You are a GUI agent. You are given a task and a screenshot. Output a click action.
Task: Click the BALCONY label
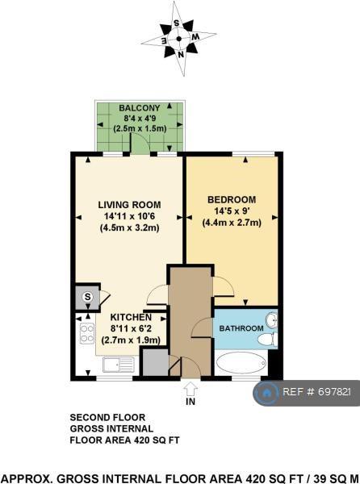coord(140,108)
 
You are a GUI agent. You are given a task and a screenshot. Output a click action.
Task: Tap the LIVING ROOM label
coord(129,205)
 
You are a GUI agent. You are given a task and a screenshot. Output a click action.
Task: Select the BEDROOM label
coord(232,199)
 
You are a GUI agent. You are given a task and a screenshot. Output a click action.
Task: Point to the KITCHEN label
coord(131,317)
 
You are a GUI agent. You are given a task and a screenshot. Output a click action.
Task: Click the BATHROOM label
coord(241,328)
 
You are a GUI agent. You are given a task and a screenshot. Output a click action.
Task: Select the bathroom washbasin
coord(271,320)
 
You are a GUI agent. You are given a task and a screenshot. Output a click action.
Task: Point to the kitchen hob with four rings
coord(86,333)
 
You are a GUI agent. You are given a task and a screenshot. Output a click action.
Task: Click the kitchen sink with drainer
coord(118,365)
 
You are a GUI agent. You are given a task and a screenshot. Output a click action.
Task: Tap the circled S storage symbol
coord(88,297)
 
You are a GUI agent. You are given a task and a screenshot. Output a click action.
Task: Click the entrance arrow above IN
coord(190,389)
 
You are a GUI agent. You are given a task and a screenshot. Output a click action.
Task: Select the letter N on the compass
coord(181,55)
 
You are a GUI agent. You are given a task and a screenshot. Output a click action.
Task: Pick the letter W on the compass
coord(195,37)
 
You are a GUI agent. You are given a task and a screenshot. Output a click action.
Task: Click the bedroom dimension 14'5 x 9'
coord(232,211)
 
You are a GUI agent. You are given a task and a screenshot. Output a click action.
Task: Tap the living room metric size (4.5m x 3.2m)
coord(129,227)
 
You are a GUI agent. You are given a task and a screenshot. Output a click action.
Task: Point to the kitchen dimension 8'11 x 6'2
coord(131,328)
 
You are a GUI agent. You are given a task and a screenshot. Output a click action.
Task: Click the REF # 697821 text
coord(316,392)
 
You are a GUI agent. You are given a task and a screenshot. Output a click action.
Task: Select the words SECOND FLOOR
coord(107,417)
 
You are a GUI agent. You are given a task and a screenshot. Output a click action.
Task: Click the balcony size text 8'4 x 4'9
coord(140,119)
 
